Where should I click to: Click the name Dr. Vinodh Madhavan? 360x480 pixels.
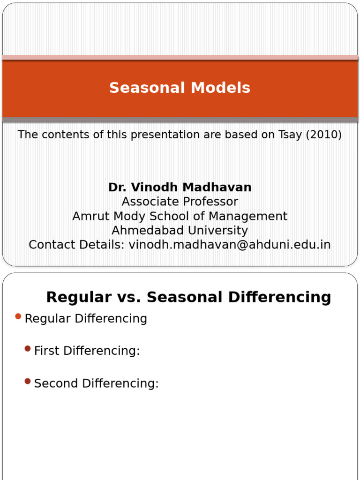coord(180,187)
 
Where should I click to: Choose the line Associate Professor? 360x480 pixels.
coord(180,202)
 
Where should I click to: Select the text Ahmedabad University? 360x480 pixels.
coord(180,231)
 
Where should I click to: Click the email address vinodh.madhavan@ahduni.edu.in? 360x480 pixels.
coord(230,245)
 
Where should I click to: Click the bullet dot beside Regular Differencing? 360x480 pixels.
coord(18,317)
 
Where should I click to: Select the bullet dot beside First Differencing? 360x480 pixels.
coord(28,349)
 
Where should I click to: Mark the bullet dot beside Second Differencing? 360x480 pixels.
coord(28,382)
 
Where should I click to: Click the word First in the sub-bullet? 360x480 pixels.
coord(46,351)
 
